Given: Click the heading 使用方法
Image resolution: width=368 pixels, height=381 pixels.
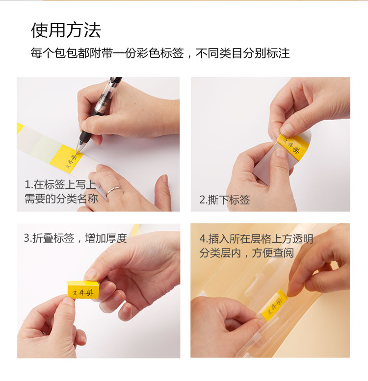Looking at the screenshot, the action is pos(66,30).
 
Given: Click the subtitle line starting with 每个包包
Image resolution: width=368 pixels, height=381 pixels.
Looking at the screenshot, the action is pos(160,53).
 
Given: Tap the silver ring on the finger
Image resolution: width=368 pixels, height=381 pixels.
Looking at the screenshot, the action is pos(112,191).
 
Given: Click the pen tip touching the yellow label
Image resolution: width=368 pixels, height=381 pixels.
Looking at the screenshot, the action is pos(79,153).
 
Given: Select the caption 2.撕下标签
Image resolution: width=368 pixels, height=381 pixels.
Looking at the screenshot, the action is pos(225,200).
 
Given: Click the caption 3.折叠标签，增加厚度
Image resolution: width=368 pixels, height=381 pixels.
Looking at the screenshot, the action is pos(76,238).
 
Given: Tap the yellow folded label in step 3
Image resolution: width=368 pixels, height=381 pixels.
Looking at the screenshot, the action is pos(83,290).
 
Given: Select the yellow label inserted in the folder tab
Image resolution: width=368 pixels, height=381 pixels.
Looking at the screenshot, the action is pos(274,305).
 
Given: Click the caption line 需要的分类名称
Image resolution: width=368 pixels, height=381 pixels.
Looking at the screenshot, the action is pos(61,199).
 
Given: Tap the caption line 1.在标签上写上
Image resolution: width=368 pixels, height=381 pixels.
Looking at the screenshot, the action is pos(60,185).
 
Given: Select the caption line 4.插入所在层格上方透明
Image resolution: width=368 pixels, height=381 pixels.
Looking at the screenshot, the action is pos(256,239).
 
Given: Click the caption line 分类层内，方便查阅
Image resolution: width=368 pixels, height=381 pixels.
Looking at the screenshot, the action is pos(247,253).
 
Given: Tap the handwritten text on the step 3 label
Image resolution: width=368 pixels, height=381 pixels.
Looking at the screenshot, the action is pos(82,292).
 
